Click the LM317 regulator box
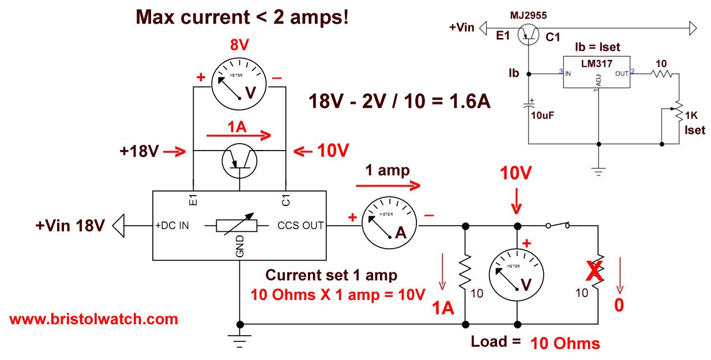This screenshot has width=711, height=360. (596, 73)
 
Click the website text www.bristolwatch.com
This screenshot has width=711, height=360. (93, 319)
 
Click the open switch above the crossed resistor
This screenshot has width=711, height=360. (558, 226)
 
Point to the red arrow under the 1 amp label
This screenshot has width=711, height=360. (387, 186)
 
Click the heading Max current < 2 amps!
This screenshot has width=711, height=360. (242, 17)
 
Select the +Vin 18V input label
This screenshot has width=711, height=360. (70, 225)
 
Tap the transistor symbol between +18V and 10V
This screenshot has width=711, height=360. (239, 162)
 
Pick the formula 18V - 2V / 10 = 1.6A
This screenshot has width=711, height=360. (400, 102)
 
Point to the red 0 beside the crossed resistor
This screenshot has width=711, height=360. (618, 305)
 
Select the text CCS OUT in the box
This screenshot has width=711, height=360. (300, 225)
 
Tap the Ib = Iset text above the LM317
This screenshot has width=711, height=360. (597, 47)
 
